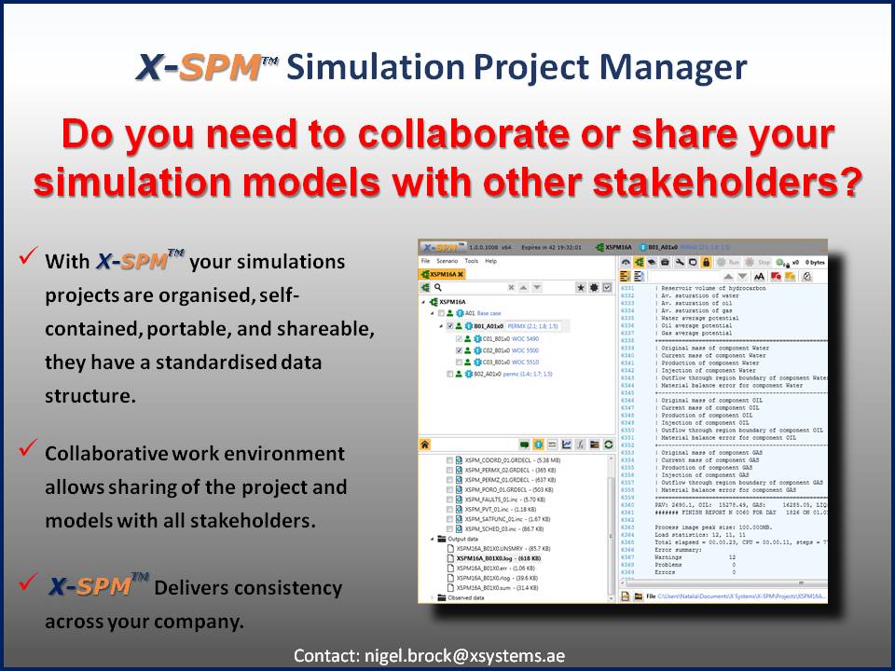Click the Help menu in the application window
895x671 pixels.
(491, 261)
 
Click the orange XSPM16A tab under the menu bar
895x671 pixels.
(442, 274)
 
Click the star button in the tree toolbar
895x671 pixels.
(580, 289)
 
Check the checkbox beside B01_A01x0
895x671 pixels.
(450, 327)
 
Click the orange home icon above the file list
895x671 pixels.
(425, 445)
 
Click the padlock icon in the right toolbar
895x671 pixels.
(707, 263)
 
